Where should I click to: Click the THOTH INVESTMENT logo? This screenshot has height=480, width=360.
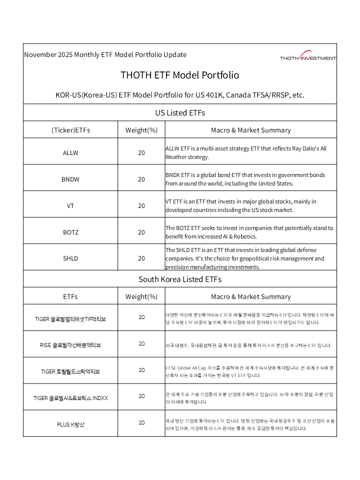(x=308, y=56)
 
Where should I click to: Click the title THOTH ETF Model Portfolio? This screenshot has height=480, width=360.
(x=180, y=75)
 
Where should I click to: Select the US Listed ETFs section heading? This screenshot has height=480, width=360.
(x=180, y=112)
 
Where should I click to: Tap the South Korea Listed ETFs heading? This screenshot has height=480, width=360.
(x=180, y=279)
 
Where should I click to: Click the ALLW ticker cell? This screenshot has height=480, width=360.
(x=70, y=152)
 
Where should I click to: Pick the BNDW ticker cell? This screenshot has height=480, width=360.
(x=70, y=179)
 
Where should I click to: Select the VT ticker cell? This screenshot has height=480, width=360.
(x=70, y=205)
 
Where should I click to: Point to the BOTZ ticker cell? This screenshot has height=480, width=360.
(x=70, y=232)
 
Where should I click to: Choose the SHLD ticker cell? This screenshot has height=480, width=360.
(x=70, y=258)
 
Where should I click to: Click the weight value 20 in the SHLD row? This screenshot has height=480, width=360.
(x=141, y=258)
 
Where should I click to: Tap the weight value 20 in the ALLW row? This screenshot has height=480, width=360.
(x=141, y=152)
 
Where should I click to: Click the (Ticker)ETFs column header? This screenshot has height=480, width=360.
(x=70, y=130)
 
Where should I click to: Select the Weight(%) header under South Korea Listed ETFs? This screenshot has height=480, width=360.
(x=141, y=296)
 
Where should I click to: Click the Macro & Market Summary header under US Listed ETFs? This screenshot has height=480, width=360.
(x=250, y=130)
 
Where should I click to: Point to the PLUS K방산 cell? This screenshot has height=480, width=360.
(x=70, y=424)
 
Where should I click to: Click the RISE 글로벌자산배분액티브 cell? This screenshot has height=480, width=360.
(x=70, y=345)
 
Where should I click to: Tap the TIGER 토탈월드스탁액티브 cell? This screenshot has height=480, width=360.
(x=70, y=371)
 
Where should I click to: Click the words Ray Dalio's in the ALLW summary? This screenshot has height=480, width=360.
(x=310, y=148)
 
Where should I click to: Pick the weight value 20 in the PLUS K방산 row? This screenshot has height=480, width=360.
(x=141, y=422)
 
